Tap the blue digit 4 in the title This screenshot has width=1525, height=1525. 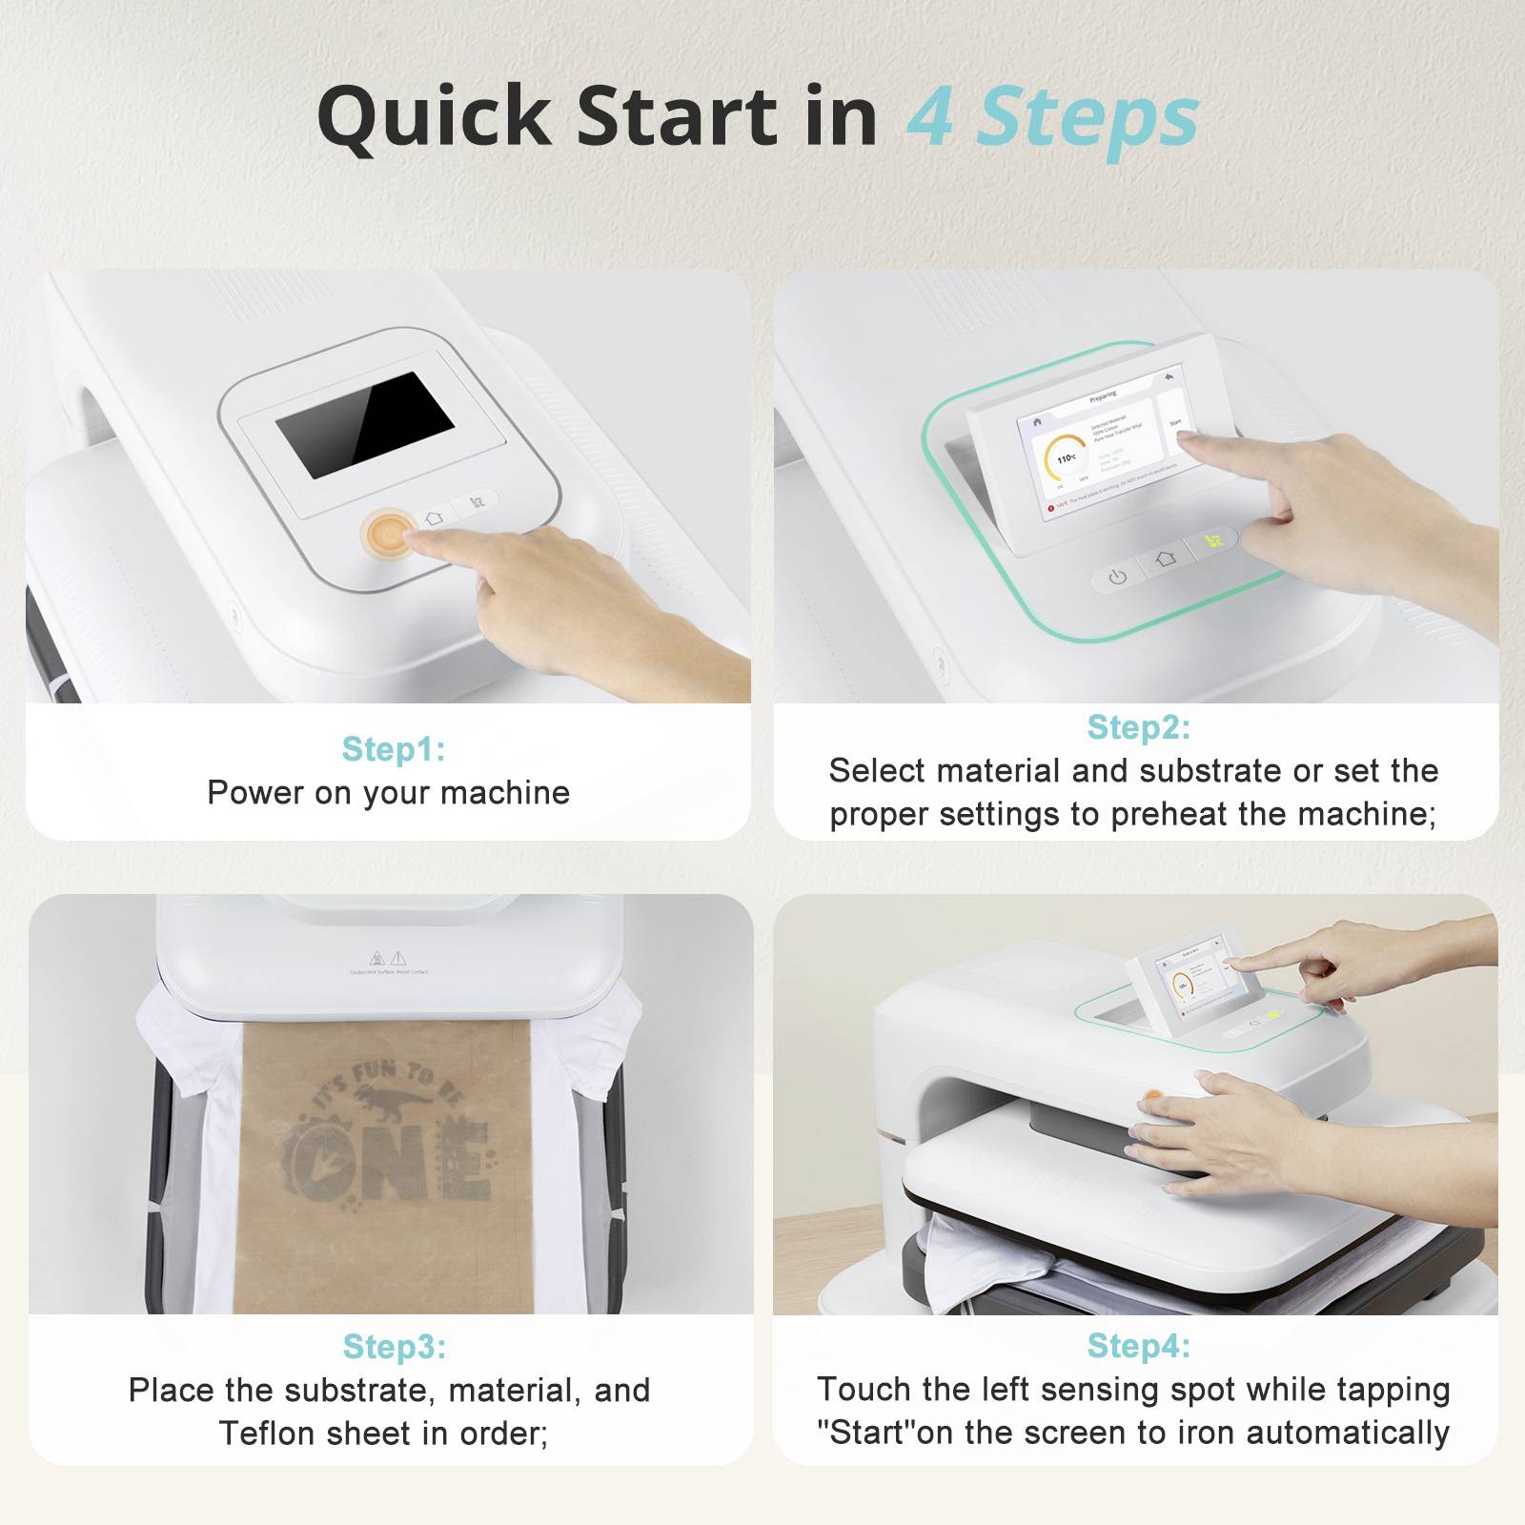click(930, 117)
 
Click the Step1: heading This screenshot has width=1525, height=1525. click(394, 749)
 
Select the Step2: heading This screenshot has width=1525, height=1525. click(1138, 727)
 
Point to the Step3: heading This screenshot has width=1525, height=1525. click(394, 1346)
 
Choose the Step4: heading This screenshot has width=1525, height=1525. click(1138, 1345)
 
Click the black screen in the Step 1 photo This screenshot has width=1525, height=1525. click(365, 424)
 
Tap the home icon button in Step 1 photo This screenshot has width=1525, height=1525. click(435, 518)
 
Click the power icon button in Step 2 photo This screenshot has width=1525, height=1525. click(1117, 577)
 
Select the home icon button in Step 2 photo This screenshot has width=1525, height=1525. click(1165, 559)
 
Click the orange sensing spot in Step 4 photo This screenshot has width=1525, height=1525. click(1151, 1097)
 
